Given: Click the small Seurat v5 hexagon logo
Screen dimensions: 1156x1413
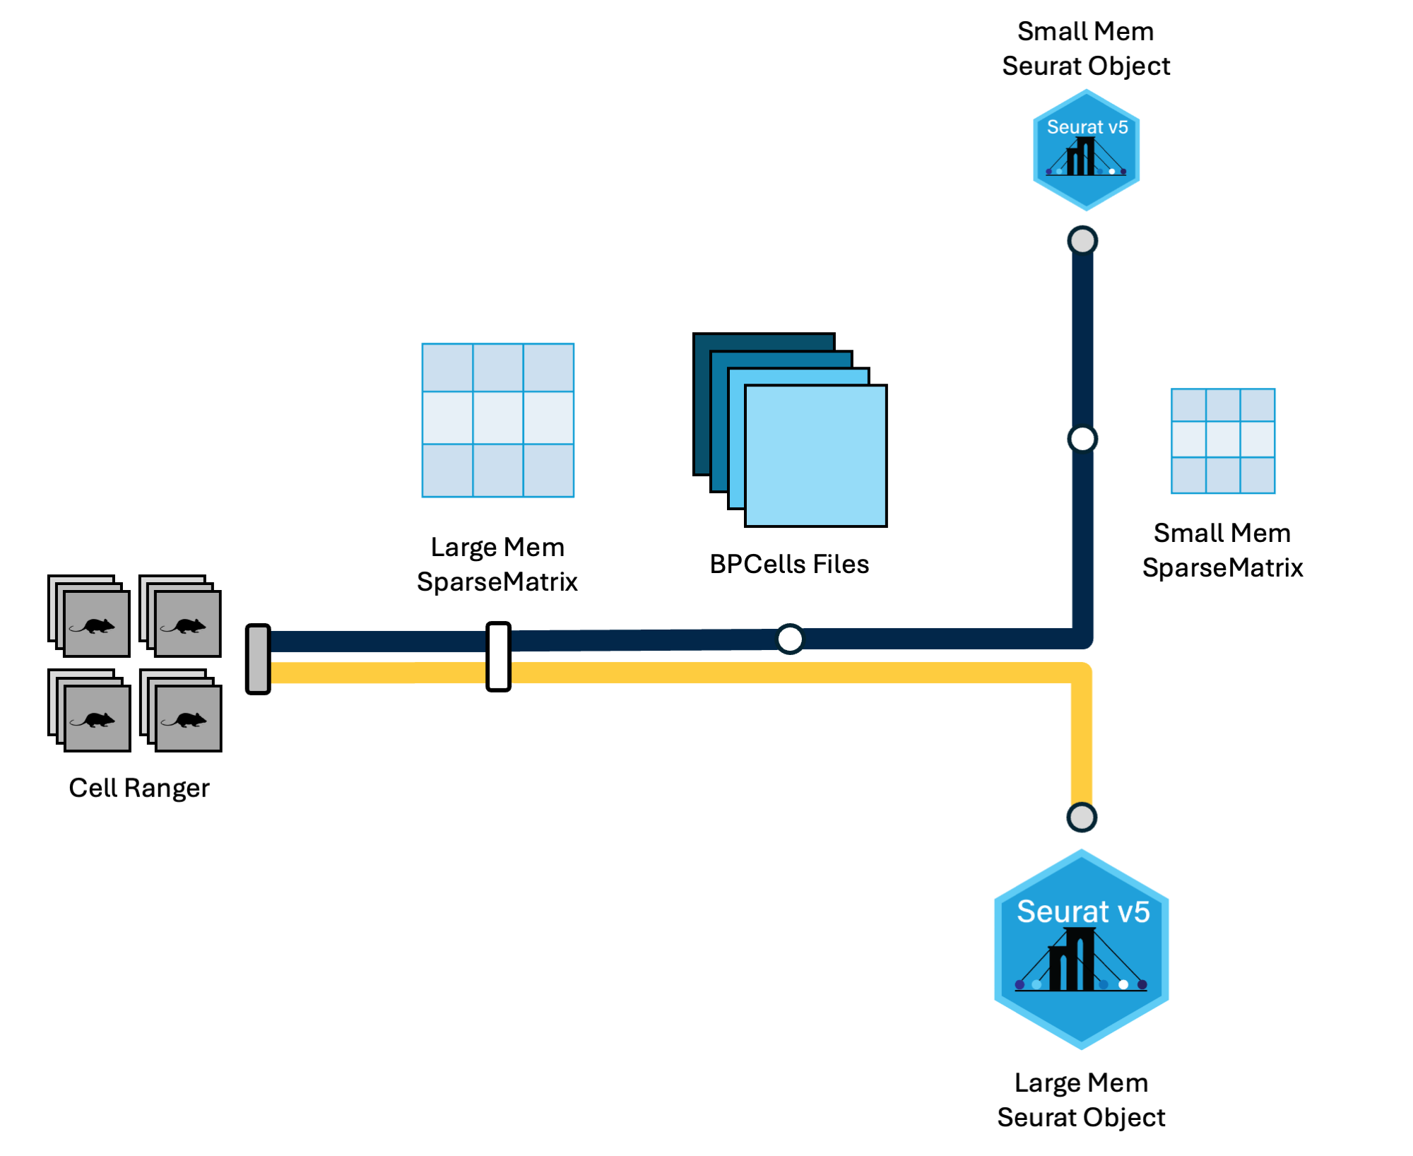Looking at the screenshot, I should coord(1086,150).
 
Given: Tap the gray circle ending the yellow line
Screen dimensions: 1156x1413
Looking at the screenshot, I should coord(1082,818).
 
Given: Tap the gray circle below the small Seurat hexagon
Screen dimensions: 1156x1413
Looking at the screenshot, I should coord(1082,240).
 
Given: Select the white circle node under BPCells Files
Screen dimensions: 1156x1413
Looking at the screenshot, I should coord(790,639).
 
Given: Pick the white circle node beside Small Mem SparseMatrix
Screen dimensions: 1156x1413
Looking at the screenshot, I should coord(1082,439).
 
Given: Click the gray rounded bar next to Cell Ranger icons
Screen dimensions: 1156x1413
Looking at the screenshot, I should coord(258,659).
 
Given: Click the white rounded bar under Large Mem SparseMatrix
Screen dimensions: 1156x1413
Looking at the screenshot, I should coord(498,656).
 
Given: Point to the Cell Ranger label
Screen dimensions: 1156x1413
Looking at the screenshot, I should coord(139,788).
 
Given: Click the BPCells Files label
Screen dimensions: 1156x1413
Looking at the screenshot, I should coord(789,564).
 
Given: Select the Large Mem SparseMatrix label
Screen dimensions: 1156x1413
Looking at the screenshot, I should coord(497,564).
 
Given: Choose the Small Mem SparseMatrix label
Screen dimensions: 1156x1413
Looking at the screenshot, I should coord(1222,550).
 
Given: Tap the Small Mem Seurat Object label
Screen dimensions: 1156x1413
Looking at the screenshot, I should coord(1086,49).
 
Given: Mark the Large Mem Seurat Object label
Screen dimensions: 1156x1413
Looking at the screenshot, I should coord(1081,1099).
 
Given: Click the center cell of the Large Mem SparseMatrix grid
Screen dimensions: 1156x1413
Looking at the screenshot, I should coord(498,418).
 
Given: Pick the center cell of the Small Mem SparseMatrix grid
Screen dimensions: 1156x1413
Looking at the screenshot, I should coord(1223,440).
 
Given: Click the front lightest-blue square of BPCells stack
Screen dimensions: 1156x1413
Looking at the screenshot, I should coord(816,456).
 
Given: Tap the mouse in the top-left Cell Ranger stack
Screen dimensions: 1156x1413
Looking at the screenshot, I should coord(97,625).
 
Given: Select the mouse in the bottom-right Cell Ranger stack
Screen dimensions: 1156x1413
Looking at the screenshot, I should coord(188,719).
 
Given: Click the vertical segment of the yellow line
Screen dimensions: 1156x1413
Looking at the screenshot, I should coord(1082,742).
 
